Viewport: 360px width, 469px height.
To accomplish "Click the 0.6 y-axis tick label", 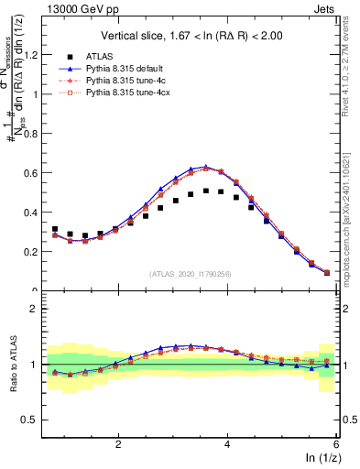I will coord(30,172).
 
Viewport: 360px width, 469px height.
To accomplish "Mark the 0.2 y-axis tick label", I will coord(30,251).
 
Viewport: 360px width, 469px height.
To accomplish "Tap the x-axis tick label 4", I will coord(227,443).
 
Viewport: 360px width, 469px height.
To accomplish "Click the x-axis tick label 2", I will coord(117,443).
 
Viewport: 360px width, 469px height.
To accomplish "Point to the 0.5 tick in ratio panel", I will coord(30,420).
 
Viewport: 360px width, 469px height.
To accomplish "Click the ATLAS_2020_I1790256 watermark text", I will coord(190,273).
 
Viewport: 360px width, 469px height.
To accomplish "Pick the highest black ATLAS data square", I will coord(206,191).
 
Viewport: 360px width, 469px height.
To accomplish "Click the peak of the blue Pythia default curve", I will coord(206,167).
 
